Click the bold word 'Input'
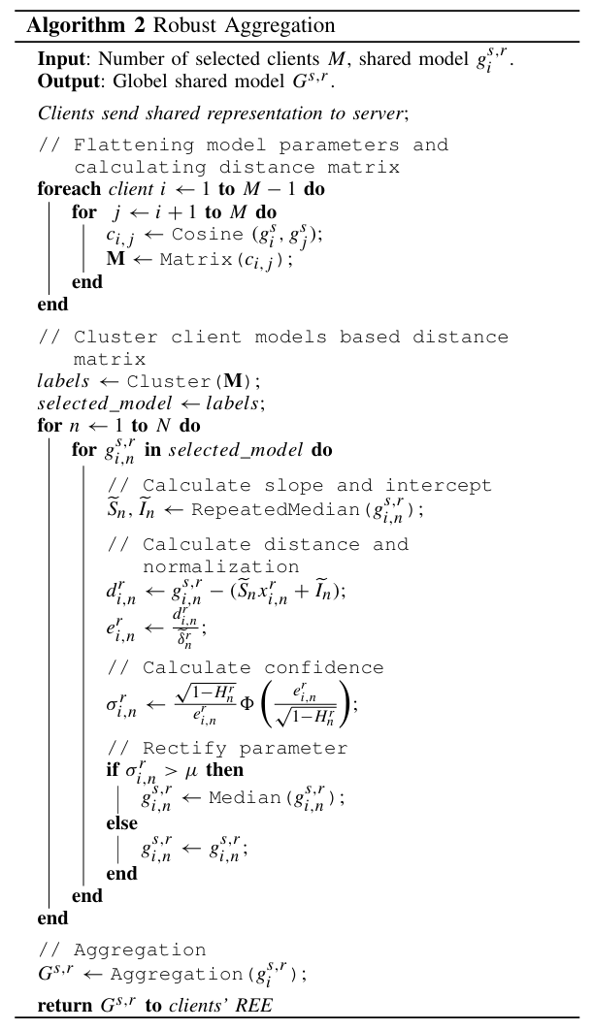coord(57,60)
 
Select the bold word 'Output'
coord(62,79)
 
